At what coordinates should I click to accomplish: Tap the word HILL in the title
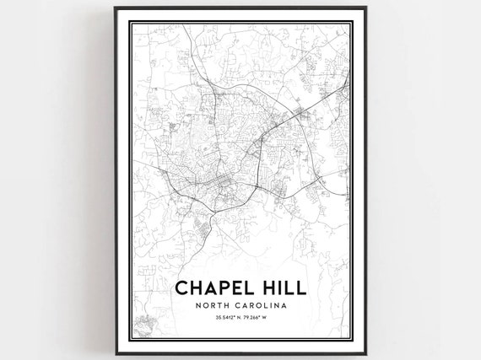282,287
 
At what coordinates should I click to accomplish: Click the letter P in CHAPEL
220,287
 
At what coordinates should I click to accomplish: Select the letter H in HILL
267,287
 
